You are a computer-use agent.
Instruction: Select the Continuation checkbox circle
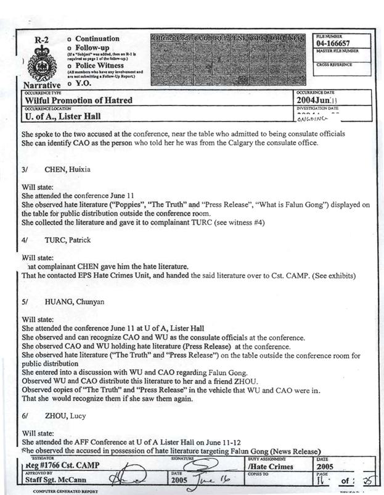pos(69,39)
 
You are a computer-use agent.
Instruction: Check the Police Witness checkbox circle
pos(69,65)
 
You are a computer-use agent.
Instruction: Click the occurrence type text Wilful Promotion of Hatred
pos(79,100)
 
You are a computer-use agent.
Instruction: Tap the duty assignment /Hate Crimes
pos(271,468)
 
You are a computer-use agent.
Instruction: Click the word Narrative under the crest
pos(42,85)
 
